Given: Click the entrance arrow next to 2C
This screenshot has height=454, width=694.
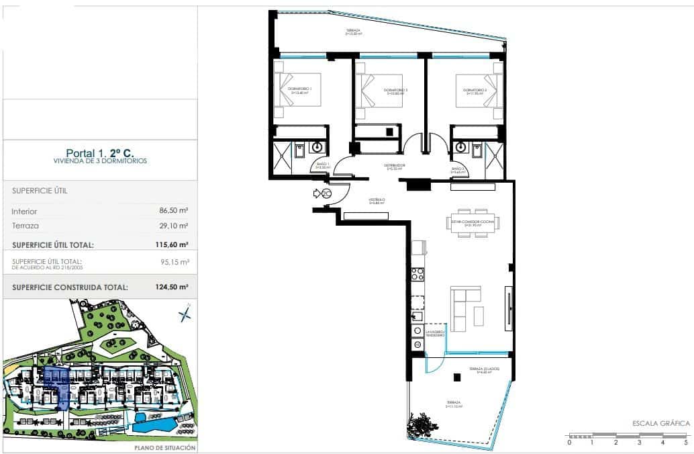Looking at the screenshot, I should [317, 193].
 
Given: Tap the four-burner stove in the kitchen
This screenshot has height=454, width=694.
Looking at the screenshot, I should [417, 273].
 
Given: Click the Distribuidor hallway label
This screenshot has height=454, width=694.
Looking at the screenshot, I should [393, 167].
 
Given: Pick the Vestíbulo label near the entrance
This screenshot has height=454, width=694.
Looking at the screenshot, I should [377, 201].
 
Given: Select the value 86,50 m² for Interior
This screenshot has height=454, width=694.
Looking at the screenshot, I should [174, 210].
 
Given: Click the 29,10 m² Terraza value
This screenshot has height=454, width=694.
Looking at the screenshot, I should [174, 226].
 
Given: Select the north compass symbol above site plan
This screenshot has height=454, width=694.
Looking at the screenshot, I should [184, 314].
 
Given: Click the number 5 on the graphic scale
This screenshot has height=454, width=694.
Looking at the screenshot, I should [686, 443].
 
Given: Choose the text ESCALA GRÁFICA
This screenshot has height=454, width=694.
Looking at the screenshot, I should [661, 423].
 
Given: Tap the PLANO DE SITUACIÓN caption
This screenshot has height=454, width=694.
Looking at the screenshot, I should [164, 447].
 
